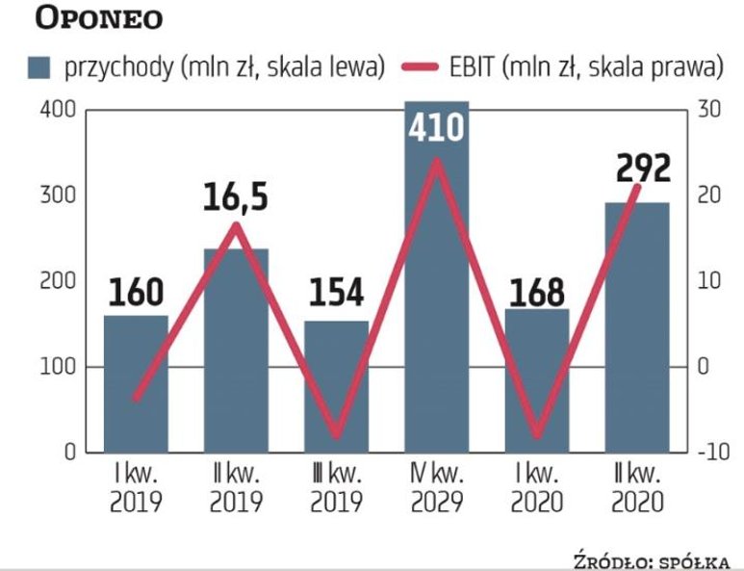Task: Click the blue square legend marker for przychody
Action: click(x=40, y=67)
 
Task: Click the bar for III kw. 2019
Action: click(x=336, y=385)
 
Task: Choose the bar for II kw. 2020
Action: click(x=636, y=327)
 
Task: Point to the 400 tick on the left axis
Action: click(x=58, y=110)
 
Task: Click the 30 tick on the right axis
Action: click(x=708, y=110)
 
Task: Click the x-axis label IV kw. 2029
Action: click(x=436, y=489)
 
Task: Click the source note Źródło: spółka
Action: click(x=650, y=561)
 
